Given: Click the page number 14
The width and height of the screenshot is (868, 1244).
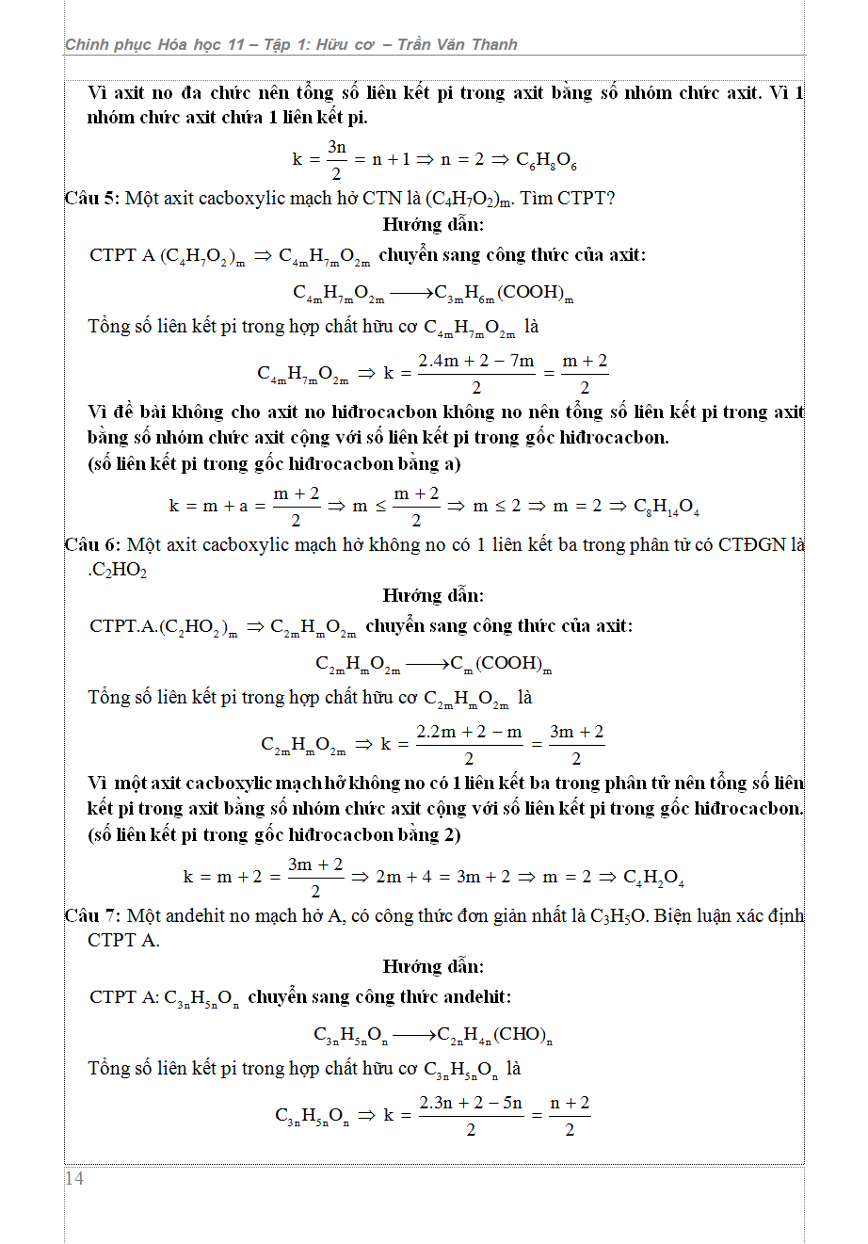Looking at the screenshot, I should (74, 1178).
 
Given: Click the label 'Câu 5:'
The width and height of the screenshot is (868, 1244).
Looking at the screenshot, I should (92, 198).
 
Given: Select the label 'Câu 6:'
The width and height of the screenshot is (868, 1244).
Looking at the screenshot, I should (92, 544).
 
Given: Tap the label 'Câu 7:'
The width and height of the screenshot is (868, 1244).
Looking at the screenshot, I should (92, 915).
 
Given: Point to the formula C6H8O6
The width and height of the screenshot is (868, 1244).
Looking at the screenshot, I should (546, 160).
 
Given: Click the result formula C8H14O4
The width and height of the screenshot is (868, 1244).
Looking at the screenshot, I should (667, 507).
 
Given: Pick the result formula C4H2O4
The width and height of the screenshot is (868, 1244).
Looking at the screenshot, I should (653, 878).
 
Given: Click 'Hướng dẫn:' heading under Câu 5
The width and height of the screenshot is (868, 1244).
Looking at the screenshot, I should (433, 224).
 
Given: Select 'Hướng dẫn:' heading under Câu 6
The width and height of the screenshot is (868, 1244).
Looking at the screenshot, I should (433, 595).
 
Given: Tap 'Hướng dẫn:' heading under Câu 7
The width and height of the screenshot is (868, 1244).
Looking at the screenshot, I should (433, 966).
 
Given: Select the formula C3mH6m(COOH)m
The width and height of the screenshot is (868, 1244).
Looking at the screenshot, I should (504, 293).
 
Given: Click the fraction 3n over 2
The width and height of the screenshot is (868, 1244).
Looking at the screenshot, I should (336, 159).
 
